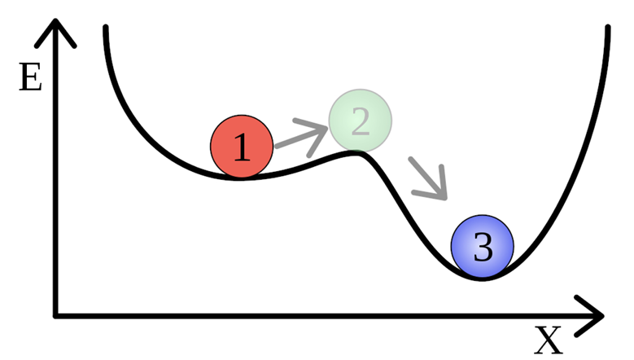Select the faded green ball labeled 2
point(360,121)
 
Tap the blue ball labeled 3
point(483,246)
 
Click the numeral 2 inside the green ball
point(360,121)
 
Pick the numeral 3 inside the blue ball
point(483,247)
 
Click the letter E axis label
point(29,80)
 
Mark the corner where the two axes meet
point(55,314)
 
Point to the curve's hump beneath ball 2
point(354,152)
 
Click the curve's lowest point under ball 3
point(482,278)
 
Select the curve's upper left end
point(105,29)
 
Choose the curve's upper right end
point(608,29)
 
